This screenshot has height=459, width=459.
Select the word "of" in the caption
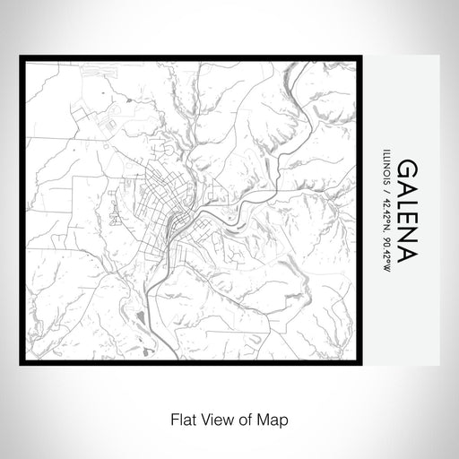pyautogui.click(x=239, y=418)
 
